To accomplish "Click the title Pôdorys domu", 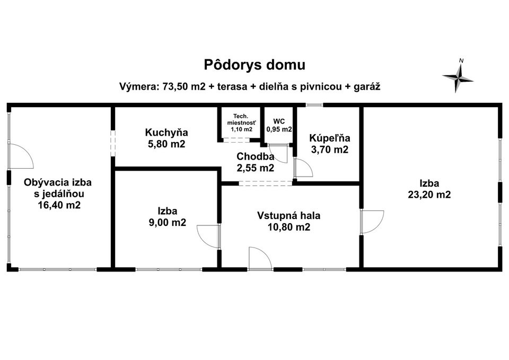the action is click(254, 65).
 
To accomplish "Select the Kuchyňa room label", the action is click(166, 133).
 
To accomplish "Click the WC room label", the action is click(279, 121).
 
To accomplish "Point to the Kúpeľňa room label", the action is click(329, 138).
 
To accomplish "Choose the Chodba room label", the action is click(256, 156).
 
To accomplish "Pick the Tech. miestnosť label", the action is click(241, 119).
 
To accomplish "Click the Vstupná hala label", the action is click(288, 216).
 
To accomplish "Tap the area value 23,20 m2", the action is click(429, 195).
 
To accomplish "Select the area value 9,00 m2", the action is click(168, 222).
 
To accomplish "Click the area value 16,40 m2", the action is click(59, 205).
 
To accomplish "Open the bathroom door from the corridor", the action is click(303, 168).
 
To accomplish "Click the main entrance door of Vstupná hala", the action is click(260, 258).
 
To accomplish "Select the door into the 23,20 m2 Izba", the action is click(372, 222).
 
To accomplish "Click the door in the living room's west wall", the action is click(21, 156).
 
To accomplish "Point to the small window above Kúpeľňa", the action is click(314, 105).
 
